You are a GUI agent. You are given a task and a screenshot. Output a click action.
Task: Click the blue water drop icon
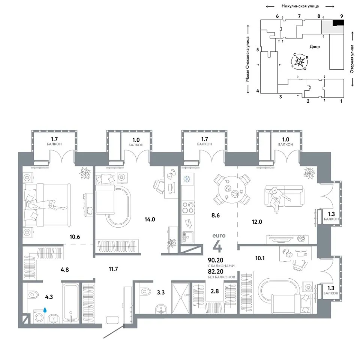[45, 310]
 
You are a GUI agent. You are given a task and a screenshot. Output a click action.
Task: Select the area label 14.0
[150, 219]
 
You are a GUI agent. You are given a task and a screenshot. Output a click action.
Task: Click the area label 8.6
[215, 215]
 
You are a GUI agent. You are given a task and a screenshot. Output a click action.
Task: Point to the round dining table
[232, 190]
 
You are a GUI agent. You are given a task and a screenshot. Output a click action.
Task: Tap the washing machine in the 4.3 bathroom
[39, 316]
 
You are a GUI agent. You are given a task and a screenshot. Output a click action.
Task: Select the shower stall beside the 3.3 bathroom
[180, 298]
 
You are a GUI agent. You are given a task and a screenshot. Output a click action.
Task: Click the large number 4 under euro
[217, 247]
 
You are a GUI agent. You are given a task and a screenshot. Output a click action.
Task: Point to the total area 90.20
[215, 260]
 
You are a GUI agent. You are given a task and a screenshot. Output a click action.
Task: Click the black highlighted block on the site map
[338, 22]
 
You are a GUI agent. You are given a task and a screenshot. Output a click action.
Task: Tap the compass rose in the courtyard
[299, 61]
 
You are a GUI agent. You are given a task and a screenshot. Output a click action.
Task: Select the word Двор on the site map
[315, 46]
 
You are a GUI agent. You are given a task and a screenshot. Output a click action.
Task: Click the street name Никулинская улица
[300, 6]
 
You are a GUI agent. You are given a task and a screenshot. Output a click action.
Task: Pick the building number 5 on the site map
[258, 49]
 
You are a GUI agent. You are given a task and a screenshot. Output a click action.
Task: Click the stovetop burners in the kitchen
[188, 207]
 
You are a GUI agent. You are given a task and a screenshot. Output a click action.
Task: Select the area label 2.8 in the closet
[214, 291]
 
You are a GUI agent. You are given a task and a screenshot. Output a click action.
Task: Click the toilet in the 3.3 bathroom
[145, 291]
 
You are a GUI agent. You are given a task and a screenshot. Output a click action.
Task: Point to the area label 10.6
[75, 237]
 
